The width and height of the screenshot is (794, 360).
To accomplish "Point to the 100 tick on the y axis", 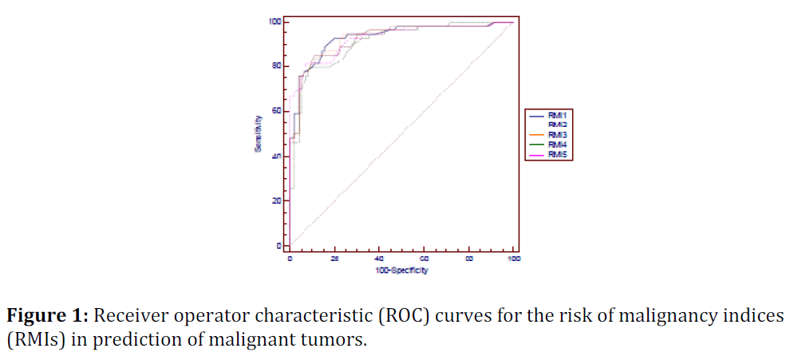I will (x=275, y=21).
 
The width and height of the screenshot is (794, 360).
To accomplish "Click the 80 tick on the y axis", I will (x=276, y=65).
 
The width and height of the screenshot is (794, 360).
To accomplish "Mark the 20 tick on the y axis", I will (x=276, y=200).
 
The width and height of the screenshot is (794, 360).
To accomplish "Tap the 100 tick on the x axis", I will (x=514, y=259).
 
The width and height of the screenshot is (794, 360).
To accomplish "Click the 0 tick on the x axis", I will (x=290, y=259).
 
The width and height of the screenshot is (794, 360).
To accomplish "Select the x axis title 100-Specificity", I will (x=401, y=271).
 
